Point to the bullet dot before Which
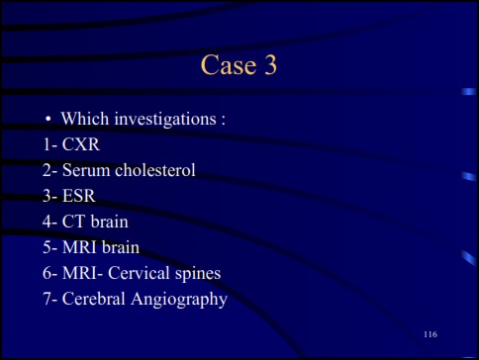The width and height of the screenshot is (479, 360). [x=47, y=121]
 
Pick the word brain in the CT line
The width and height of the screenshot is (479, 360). [x=108, y=222]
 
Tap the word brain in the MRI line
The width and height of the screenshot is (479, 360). [x=121, y=247]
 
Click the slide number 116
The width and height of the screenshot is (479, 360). [x=430, y=335]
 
